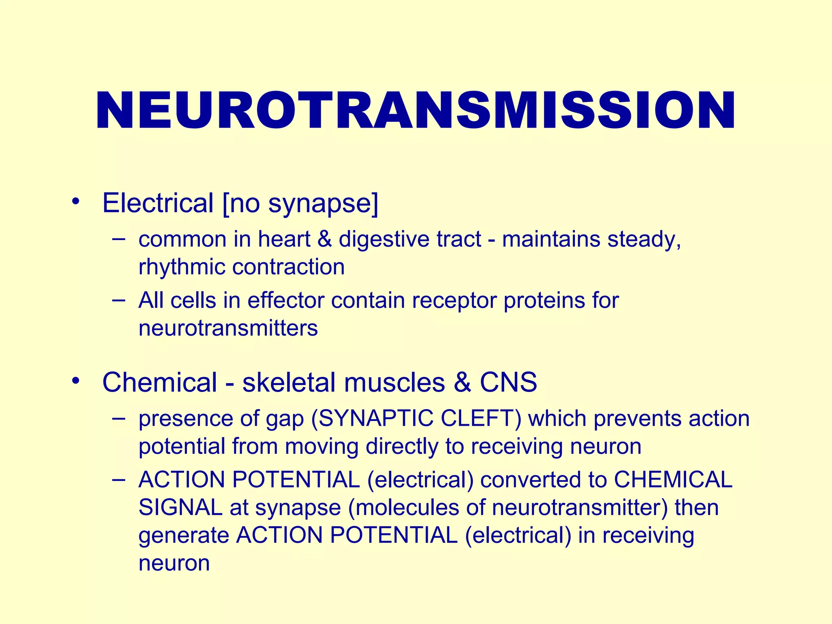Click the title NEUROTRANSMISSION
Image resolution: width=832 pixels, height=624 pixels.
point(415,110)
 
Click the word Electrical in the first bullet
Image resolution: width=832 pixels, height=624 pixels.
point(158,203)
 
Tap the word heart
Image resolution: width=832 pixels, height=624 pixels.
point(284,239)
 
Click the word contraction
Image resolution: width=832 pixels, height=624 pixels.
point(288,267)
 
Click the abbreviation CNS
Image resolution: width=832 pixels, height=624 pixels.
point(508,382)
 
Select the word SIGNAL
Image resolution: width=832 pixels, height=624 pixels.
point(180,508)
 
